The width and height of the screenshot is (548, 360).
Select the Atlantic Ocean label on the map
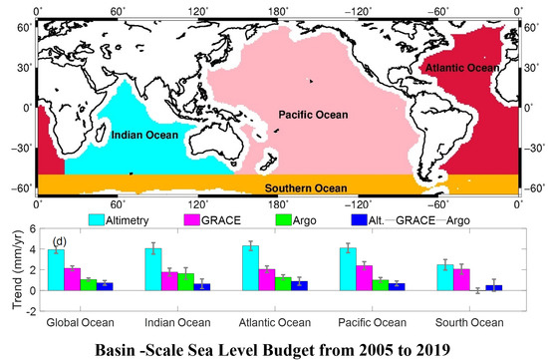coord(461,67)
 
